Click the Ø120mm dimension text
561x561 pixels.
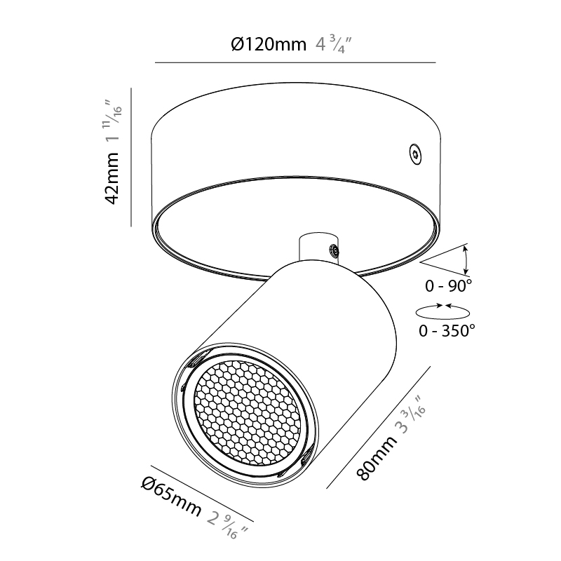click(269, 45)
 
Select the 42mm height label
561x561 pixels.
click(112, 178)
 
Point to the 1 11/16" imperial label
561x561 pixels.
click(113, 122)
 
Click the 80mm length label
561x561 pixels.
click(377, 458)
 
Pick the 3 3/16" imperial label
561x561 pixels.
click(411, 414)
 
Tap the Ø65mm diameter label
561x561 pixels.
click(171, 496)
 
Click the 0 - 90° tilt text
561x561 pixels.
click(448, 285)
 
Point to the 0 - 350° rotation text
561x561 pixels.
click(447, 330)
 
